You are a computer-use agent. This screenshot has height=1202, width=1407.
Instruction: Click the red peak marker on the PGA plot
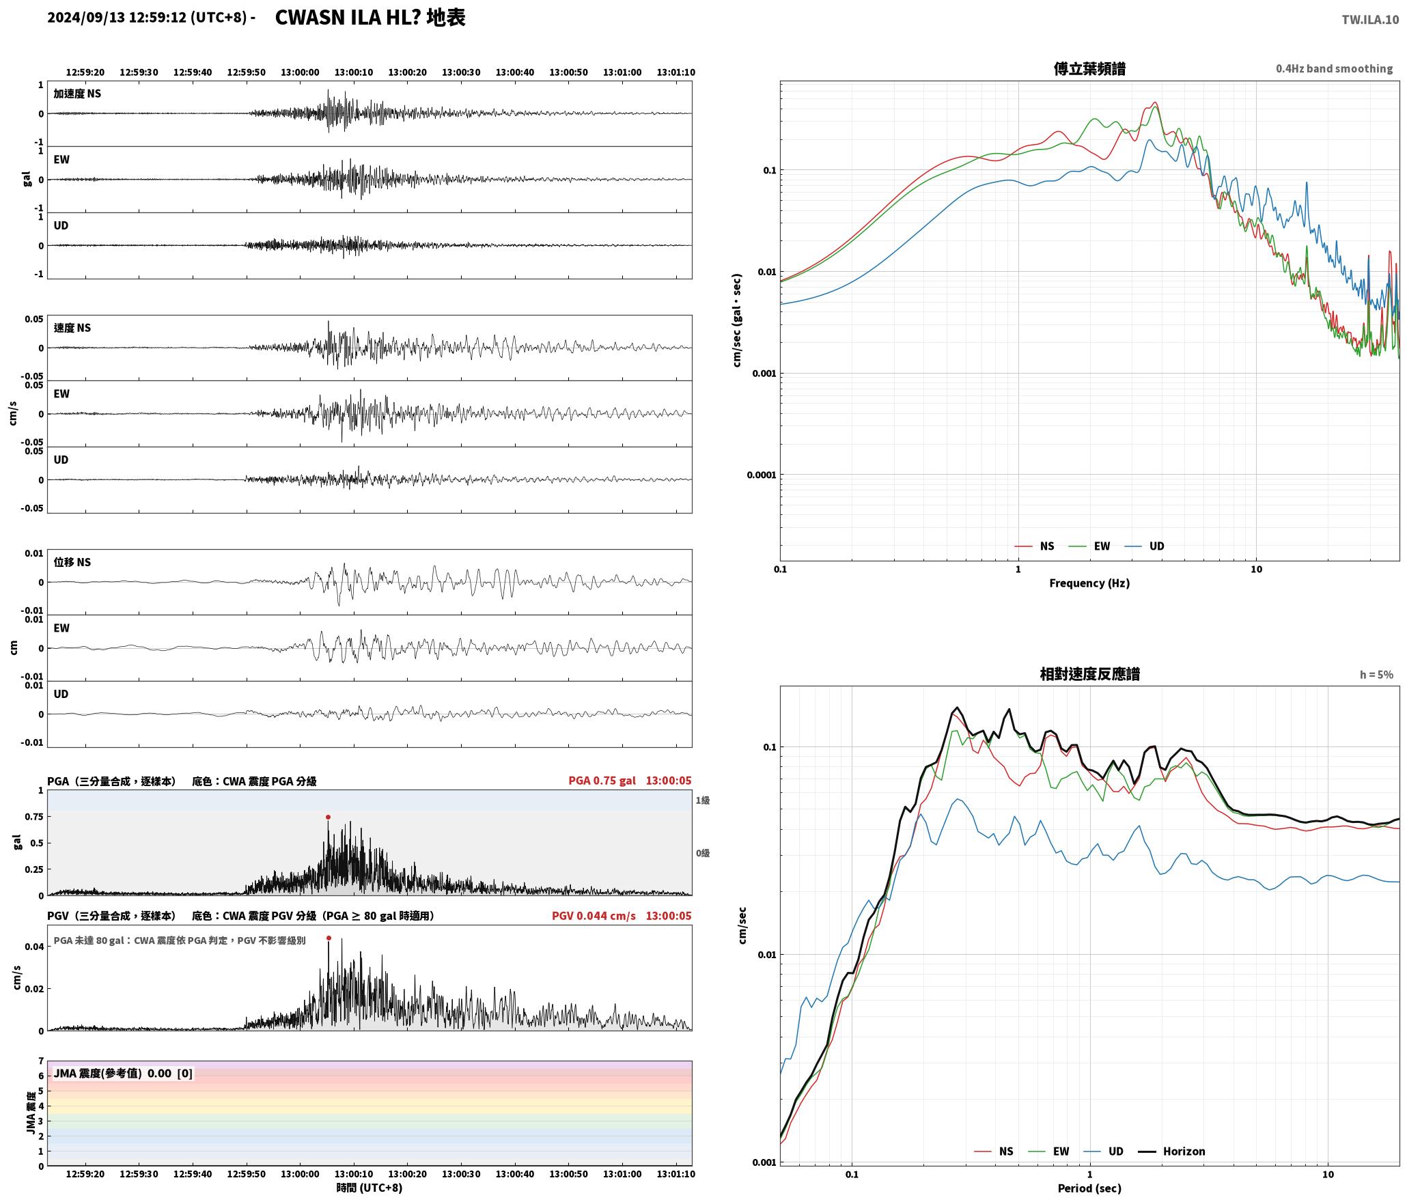tap(328, 817)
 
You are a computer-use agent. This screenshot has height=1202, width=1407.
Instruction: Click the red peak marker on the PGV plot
tap(329, 938)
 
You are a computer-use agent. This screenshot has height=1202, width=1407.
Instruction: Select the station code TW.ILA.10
tap(1370, 19)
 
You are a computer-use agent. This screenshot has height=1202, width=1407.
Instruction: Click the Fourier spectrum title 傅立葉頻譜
tap(1089, 68)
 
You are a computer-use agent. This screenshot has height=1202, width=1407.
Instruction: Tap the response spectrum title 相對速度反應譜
tap(1089, 673)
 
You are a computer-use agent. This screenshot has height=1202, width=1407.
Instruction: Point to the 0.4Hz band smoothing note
tap(1334, 68)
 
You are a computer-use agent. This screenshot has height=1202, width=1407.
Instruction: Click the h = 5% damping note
tap(1376, 674)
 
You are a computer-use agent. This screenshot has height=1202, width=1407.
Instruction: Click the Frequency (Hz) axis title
tap(1089, 583)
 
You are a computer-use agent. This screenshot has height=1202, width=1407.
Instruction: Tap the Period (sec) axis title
tap(1089, 1188)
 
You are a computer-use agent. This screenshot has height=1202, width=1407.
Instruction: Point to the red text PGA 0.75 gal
tap(602, 780)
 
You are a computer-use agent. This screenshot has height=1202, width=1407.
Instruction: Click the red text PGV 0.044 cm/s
tap(594, 915)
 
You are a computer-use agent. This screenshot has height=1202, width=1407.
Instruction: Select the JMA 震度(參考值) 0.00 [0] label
tap(123, 1073)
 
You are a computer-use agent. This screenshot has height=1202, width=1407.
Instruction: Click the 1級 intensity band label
tap(703, 800)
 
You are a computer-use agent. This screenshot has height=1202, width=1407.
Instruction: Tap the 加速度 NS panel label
tap(77, 93)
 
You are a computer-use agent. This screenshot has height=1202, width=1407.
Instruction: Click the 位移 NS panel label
tap(72, 561)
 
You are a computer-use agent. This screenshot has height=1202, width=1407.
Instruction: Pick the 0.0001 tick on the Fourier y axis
tap(761, 475)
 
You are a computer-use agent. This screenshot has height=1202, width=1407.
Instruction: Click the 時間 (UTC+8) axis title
tap(370, 1187)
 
